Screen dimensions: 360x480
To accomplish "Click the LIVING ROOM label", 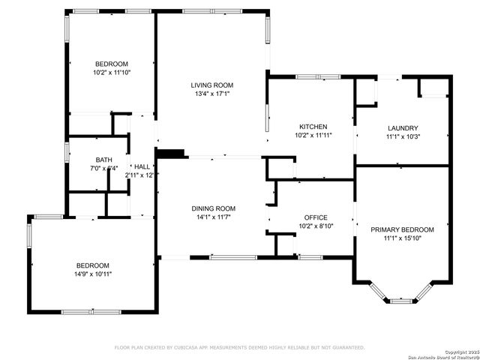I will pos(211,85).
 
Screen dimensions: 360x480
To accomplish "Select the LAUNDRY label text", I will pos(402,128).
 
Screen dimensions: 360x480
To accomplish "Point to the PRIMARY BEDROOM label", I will pos(402,229).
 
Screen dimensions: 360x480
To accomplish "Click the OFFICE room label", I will pos(314,216).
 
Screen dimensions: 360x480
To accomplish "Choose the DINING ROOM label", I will pos(214,208).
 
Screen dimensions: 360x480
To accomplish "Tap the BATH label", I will pos(103,160).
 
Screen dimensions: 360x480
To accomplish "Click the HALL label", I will pos(141,166).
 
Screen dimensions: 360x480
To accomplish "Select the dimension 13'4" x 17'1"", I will pos(211,94).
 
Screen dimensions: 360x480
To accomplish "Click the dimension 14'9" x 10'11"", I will pos(93,274).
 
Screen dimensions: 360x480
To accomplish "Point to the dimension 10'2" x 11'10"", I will pos(112,73).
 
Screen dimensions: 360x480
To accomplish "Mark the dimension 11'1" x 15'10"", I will pos(402,238).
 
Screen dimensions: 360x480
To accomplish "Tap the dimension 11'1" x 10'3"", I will pos(402,137).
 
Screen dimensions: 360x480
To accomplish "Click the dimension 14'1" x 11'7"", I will pos(214,217).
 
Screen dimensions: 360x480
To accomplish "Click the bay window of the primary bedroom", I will pos(402,299).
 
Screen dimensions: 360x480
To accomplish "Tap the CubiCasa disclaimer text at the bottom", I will pos(239,347).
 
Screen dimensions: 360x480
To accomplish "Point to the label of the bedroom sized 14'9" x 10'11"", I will pos(93,265).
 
